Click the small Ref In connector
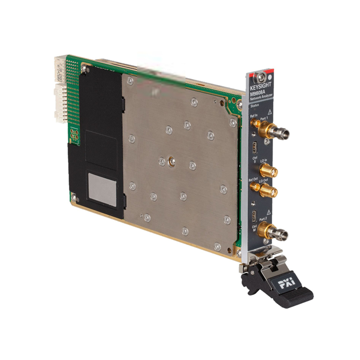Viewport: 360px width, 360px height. (255, 122)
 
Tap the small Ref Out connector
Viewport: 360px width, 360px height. (255, 185)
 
